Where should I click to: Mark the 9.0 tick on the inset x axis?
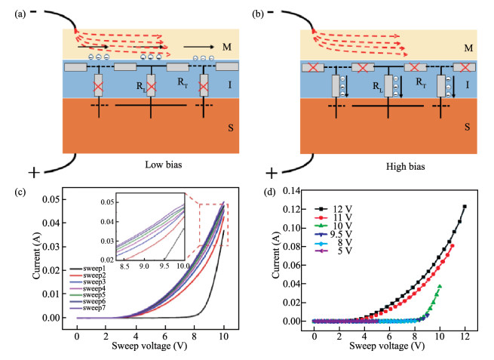click(143, 266)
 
